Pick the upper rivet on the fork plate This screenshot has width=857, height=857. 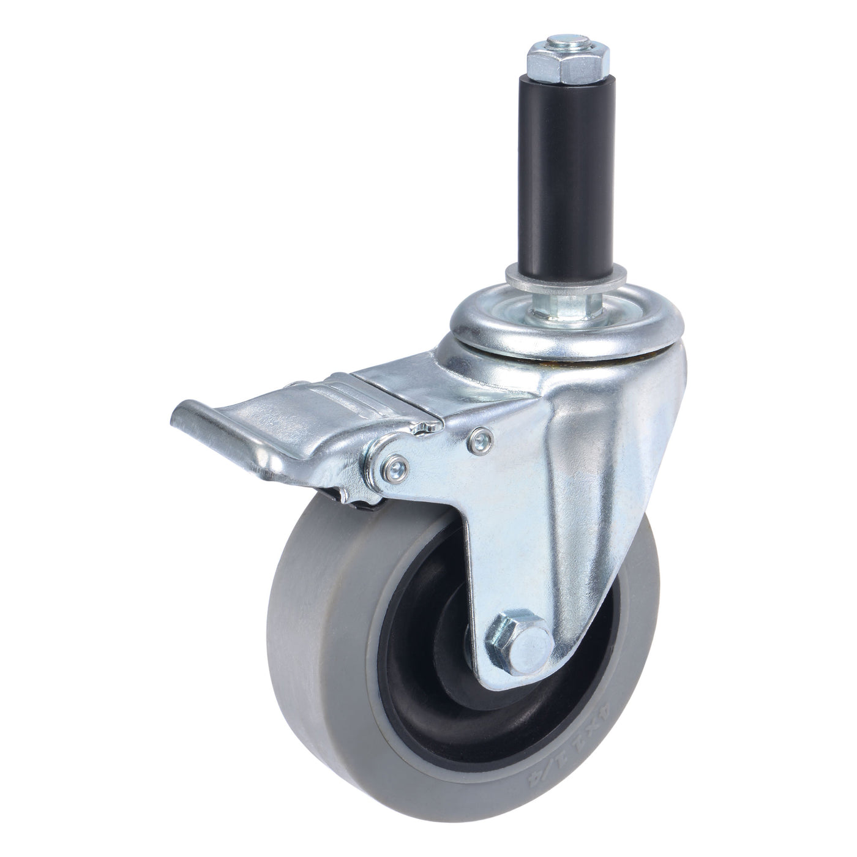click(x=479, y=436)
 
